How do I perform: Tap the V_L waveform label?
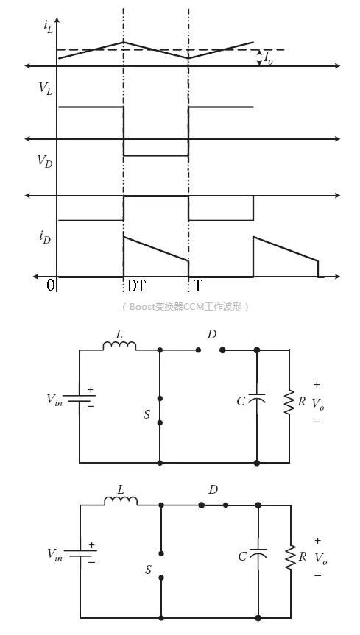46,88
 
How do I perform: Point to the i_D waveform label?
46,237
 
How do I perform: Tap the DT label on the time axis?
136,285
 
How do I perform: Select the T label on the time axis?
197,285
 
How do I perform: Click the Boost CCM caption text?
186,306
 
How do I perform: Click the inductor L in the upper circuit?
119,346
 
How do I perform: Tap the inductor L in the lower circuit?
120,500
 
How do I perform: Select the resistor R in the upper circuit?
289,402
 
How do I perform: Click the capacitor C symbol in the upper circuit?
257,401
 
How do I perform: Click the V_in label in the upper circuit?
55,400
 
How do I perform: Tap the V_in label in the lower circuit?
55,554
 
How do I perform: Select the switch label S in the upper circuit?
147,414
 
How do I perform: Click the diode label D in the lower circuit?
213,489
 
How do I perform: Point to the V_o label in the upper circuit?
317,403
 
